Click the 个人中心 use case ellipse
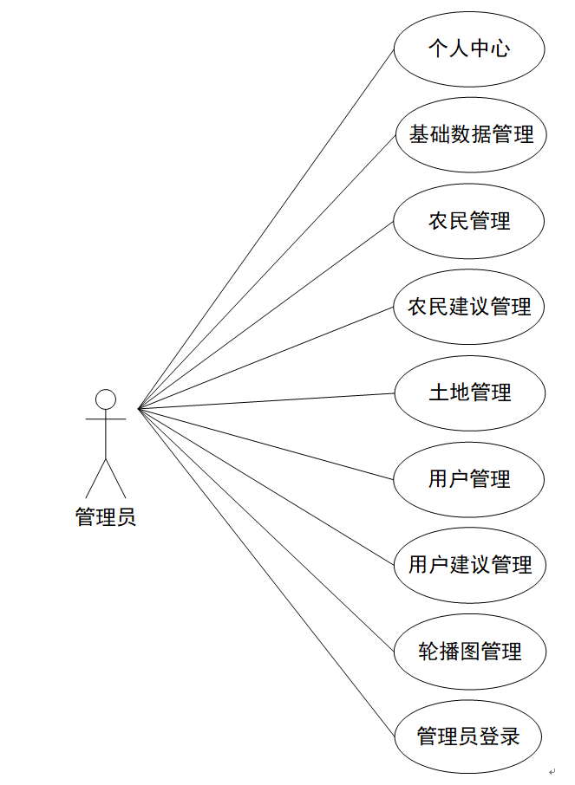point(469,49)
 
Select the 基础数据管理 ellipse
point(469,134)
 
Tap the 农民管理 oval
point(469,221)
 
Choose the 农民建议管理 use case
point(469,307)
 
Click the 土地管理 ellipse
point(469,392)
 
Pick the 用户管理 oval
point(469,478)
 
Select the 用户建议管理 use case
point(469,565)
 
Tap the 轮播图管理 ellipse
point(469,651)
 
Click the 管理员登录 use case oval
point(469,736)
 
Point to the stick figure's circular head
point(106,399)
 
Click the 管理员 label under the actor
point(106,518)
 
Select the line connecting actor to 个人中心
point(266,228)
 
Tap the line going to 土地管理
point(266,400)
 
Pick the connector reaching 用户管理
point(266,443)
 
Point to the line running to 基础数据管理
point(266,271)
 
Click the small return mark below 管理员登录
point(552,772)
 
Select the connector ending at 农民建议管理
point(266,358)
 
